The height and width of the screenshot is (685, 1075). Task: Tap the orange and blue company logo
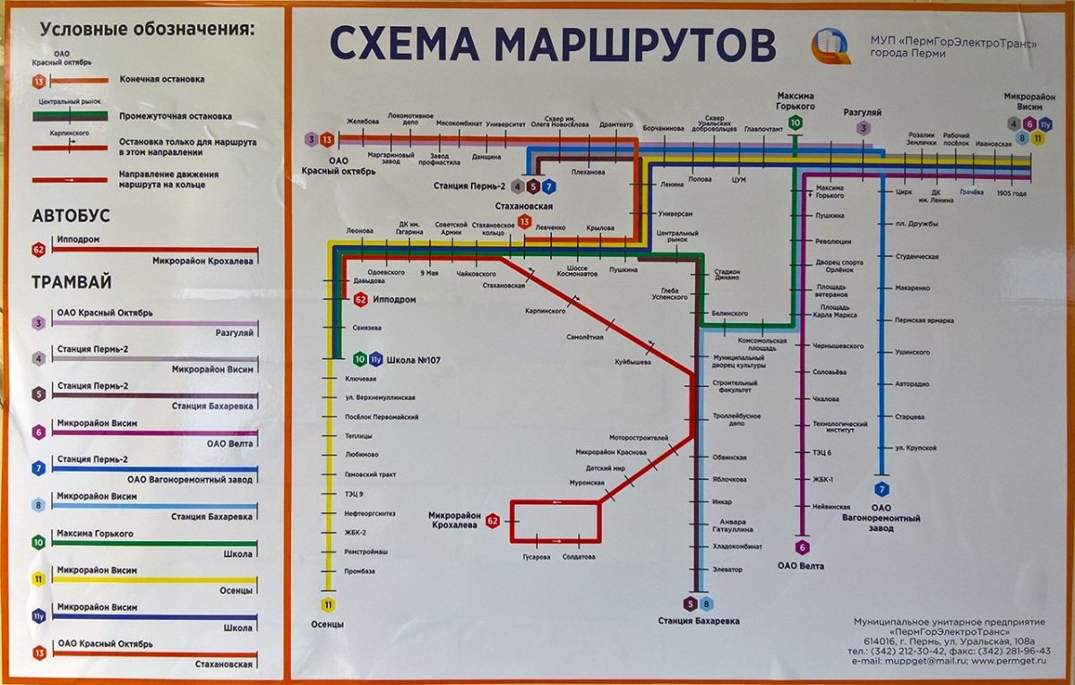831,45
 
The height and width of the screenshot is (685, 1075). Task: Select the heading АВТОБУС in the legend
71,216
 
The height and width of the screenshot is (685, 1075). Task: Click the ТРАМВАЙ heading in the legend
72,282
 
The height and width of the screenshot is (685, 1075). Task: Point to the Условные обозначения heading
148,29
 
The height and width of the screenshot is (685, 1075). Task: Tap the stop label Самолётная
584,338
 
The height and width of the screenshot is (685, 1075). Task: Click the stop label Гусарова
537,557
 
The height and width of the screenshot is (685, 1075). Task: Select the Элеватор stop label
728,569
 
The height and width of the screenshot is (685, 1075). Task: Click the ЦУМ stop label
739,180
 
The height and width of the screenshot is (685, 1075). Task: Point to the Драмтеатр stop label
616,124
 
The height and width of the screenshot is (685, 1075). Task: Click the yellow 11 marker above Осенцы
329,604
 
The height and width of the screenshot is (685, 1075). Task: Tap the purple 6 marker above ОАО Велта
802,547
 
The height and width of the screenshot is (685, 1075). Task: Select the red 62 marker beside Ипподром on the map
360,300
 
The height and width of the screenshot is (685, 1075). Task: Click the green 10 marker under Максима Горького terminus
795,124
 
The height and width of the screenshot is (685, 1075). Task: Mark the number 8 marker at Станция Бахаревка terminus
706,604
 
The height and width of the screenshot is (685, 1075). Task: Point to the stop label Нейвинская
830,507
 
